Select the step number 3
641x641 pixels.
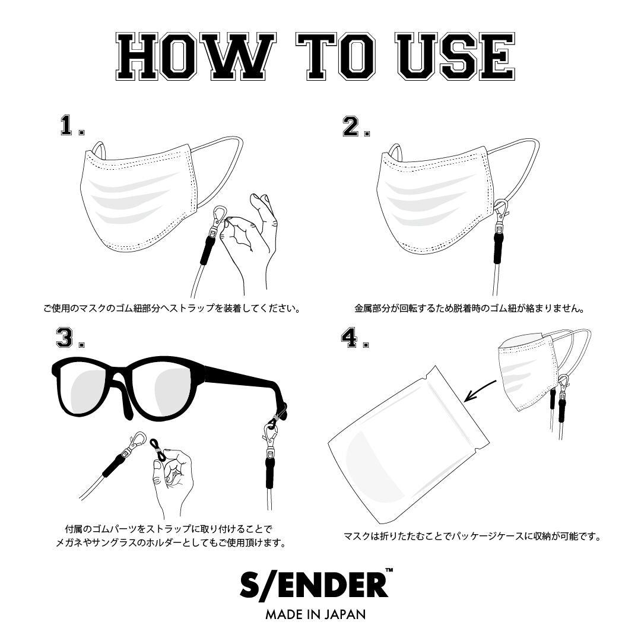point(66,338)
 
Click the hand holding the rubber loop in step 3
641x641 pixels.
point(172,481)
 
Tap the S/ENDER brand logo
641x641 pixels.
point(313,585)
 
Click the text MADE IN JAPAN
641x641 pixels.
point(315,614)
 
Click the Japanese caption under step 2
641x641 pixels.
point(469,309)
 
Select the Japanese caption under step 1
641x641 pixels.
point(170,309)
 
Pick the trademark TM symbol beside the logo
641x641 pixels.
point(389,572)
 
